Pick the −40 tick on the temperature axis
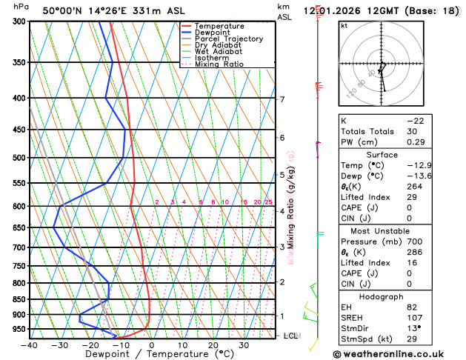point(30,345)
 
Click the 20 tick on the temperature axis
point(213,345)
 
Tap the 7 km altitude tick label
point(282,99)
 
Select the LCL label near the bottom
point(291,336)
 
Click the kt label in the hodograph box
point(344,25)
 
